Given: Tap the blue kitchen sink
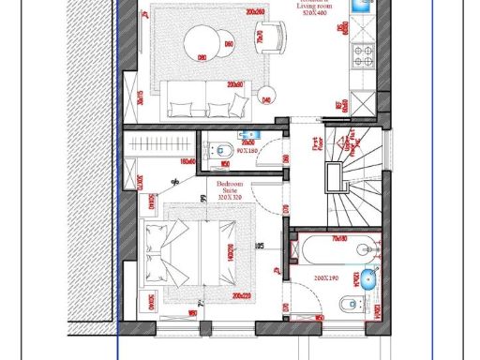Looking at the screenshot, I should (359, 7).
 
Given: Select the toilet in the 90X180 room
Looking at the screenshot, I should (224, 150).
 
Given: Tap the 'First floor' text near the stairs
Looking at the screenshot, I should (316, 145).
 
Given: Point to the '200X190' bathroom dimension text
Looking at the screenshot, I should (328, 279).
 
